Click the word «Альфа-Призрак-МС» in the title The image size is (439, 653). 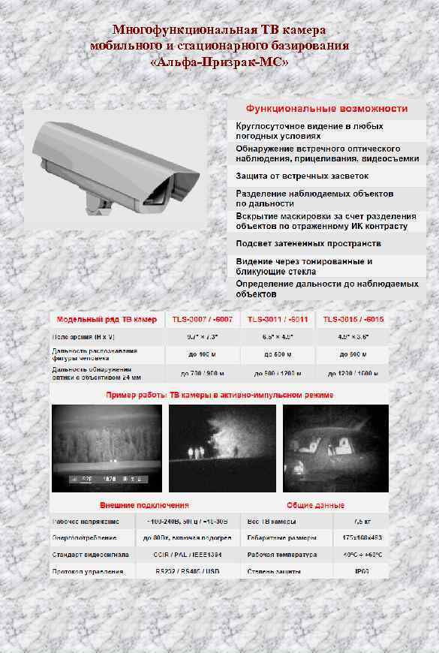(218, 62)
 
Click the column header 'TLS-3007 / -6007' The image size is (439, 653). (203, 319)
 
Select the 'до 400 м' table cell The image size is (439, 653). (203, 354)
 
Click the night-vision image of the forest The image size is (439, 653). (106, 448)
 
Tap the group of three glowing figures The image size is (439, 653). (197, 450)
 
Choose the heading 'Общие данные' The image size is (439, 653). (315, 505)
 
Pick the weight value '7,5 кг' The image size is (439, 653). (362, 521)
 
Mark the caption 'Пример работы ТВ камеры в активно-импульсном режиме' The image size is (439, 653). (220, 394)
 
